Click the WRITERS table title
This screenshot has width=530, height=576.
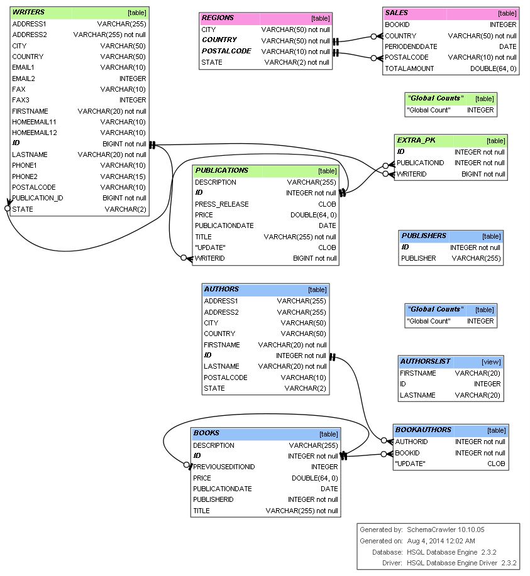click(28, 12)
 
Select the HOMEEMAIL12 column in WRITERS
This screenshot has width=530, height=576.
click(35, 133)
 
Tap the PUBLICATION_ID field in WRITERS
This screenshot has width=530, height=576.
click(37, 198)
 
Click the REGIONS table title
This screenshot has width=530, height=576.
click(218, 18)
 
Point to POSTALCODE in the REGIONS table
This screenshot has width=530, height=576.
click(226, 51)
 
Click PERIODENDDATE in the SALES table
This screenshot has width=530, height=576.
click(411, 46)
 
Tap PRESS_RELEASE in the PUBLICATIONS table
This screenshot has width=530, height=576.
click(221, 204)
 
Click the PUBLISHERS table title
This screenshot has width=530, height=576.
click(424, 236)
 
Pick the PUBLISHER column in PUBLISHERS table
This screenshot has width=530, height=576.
click(418, 258)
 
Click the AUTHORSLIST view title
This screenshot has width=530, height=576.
click(425, 361)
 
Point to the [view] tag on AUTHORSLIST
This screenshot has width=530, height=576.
click(491, 362)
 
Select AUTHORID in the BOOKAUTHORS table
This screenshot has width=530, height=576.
click(411, 442)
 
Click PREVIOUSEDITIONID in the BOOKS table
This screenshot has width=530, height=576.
click(224, 467)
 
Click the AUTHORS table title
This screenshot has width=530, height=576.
click(221, 289)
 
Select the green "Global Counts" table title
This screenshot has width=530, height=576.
click(435, 98)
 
